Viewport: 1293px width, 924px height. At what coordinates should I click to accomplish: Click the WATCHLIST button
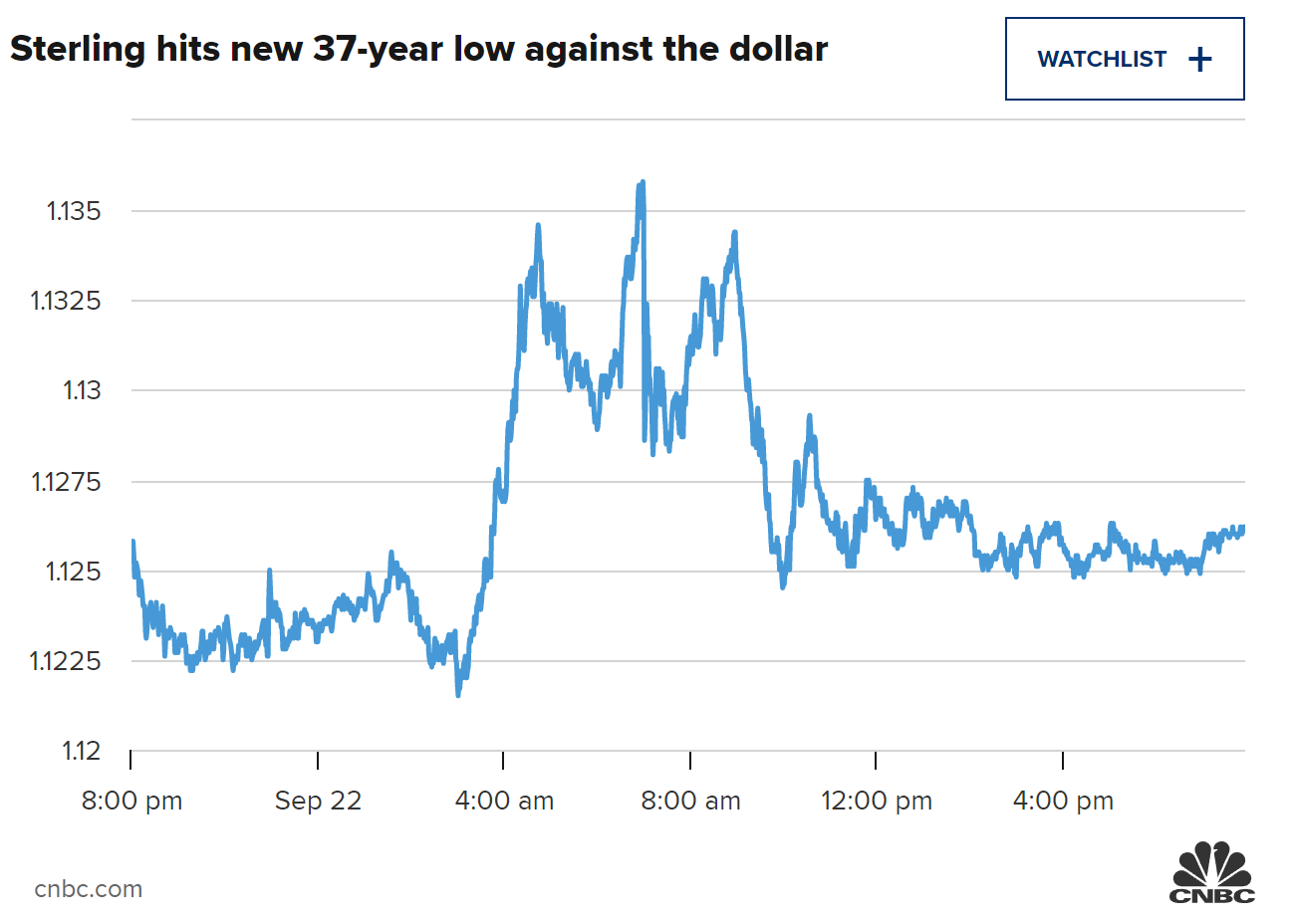pos(1124,59)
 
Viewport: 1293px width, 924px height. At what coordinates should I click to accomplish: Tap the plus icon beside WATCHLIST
pos(1200,60)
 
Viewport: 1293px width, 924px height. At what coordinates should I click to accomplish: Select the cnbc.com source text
pos(89,889)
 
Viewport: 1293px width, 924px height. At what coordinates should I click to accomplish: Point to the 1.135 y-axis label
pos(74,211)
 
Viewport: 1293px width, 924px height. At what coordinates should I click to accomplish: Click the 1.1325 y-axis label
pos(66,301)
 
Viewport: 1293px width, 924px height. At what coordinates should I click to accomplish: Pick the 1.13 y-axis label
pos(82,390)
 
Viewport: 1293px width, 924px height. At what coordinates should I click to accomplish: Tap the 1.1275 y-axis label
pos(66,482)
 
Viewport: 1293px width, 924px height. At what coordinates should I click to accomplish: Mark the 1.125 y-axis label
pos(74,572)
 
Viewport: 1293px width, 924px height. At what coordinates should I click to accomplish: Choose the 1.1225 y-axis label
pos(66,661)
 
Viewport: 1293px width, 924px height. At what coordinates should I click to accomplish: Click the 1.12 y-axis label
pos(82,751)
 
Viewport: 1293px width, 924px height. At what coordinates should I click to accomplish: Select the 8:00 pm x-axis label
pos(131,801)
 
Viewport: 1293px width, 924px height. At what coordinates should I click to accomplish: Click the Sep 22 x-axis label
pos(318,801)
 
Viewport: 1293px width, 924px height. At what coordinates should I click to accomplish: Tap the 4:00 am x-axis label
pos(504,801)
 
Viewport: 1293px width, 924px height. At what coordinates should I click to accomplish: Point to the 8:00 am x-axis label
pos(690,801)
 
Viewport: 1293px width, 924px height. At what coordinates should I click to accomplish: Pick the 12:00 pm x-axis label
pos(877,801)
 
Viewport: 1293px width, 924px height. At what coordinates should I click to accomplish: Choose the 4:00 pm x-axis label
pos(1063,801)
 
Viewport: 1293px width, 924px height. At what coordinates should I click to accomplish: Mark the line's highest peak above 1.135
pos(642,183)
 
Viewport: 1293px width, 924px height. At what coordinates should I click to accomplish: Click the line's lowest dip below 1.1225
pos(458,693)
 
